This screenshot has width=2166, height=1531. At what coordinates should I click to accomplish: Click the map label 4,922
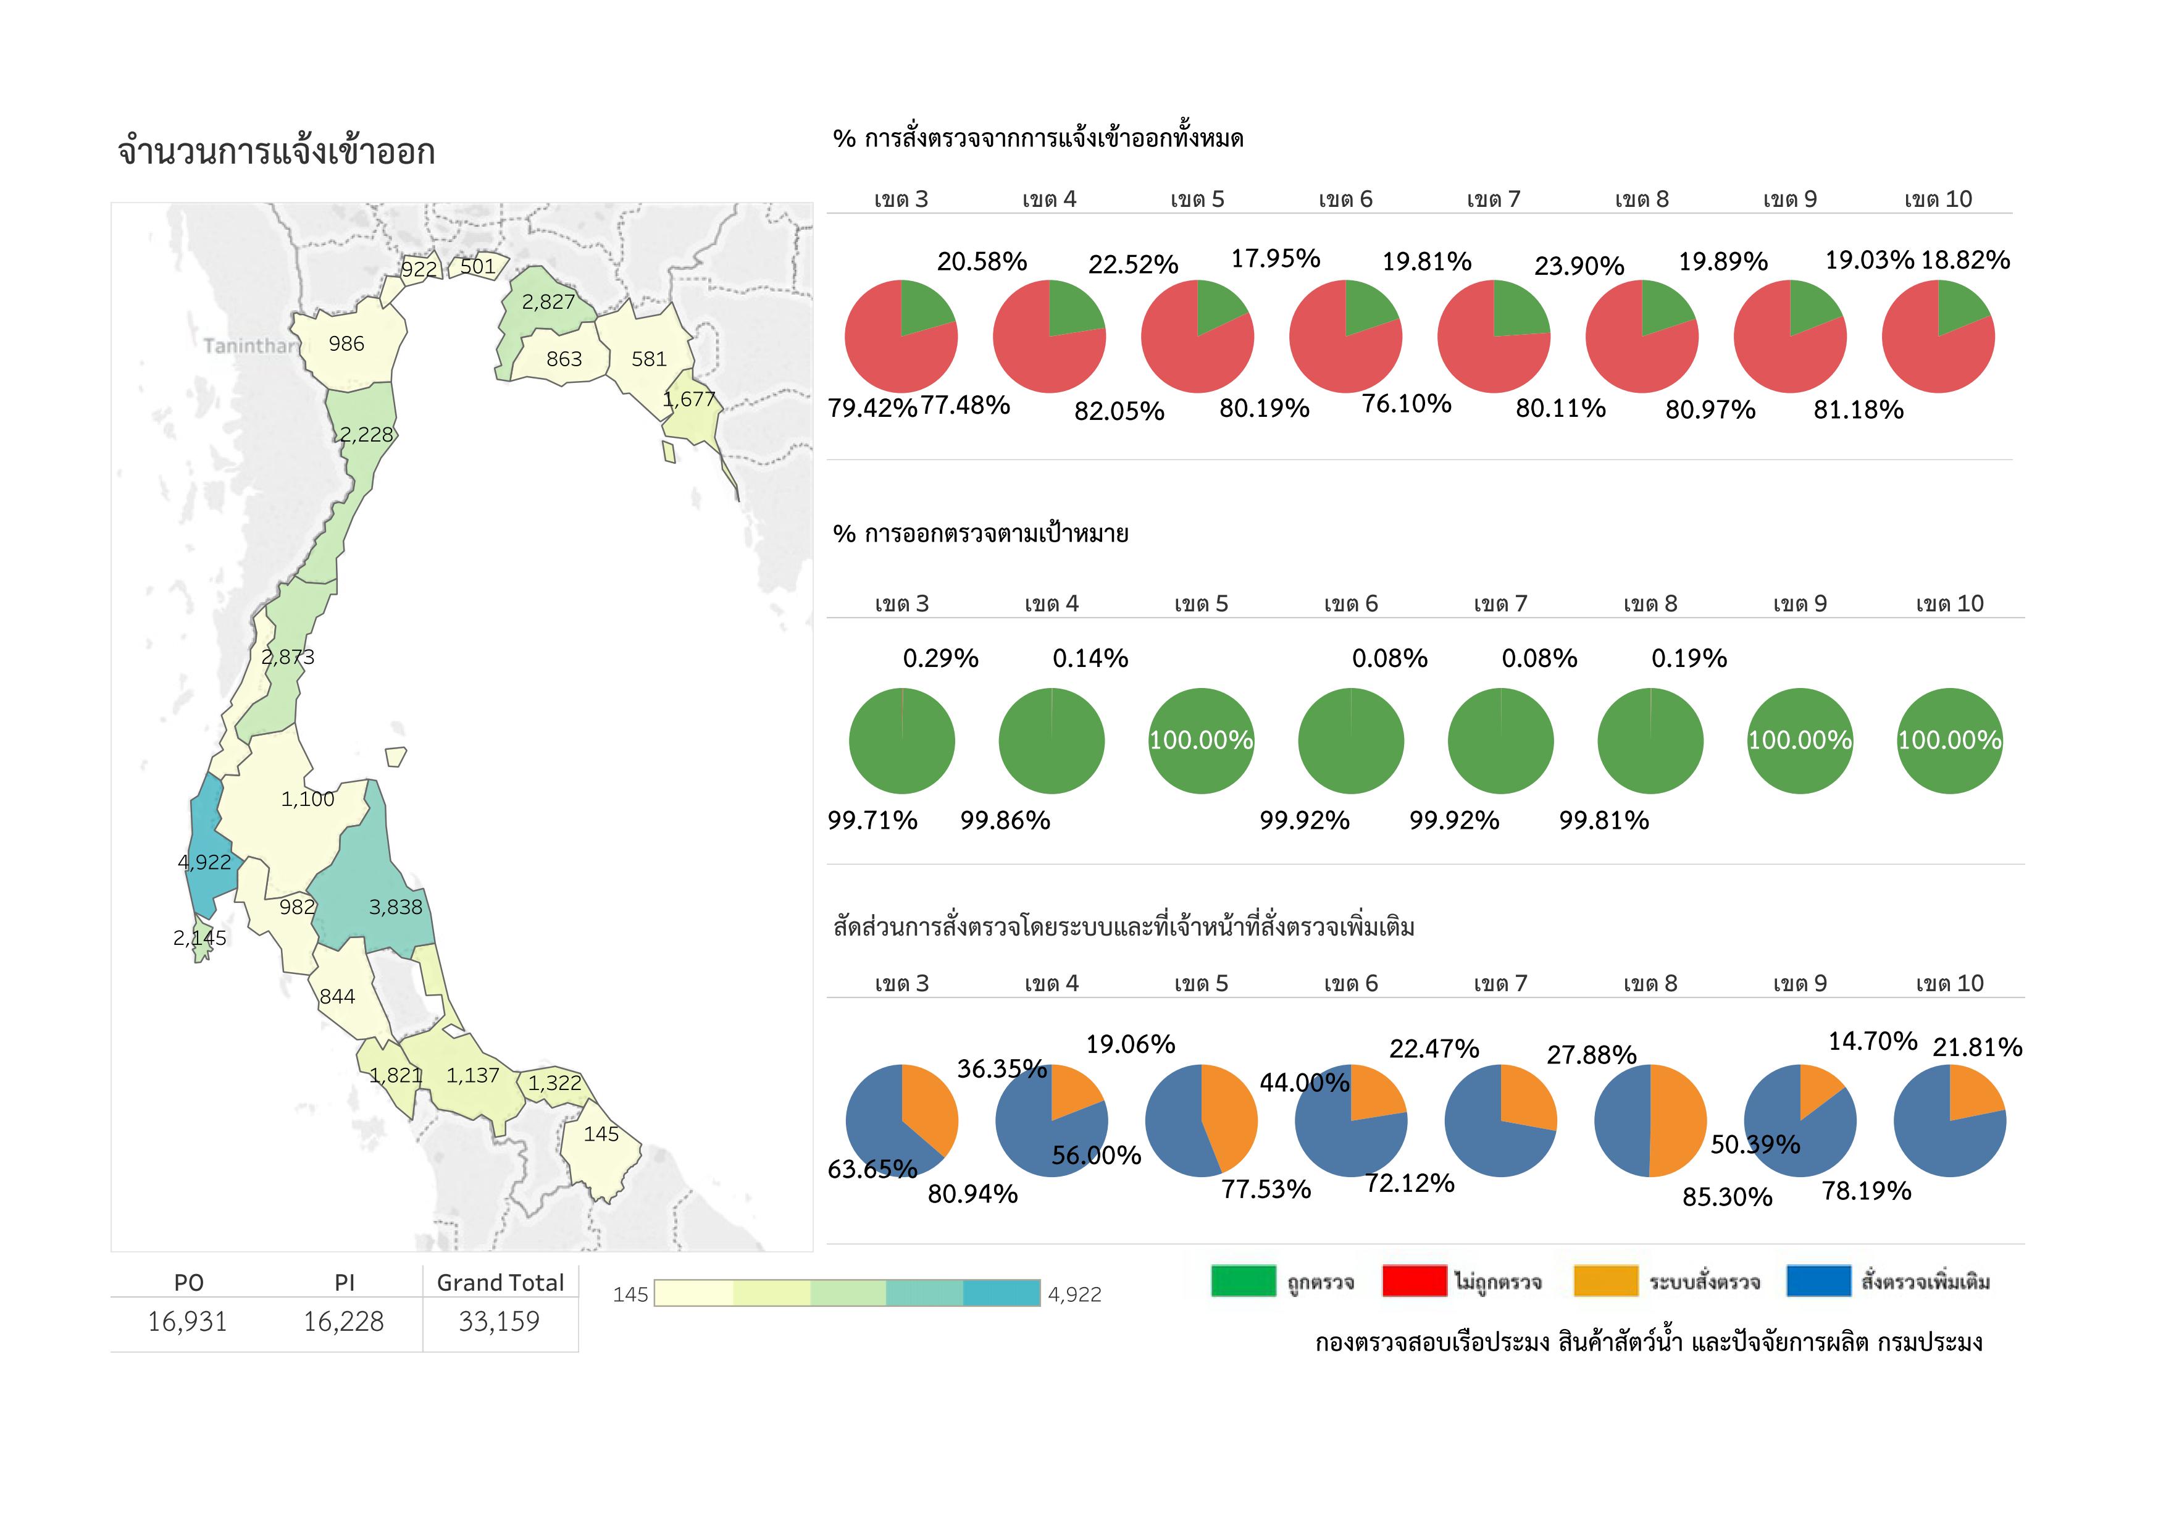pyautogui.click(x=204, y=862)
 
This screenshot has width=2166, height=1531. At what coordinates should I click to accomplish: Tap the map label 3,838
pyautogui.click(x=395, y=907)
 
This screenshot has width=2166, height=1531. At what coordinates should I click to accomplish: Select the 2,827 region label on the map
pyautogui.click(x=548, y=302)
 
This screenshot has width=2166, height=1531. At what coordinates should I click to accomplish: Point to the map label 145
pyautogui.click(x=601, y=1134)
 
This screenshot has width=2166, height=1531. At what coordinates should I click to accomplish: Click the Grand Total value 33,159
pyautogui.click(x=499, y=1322)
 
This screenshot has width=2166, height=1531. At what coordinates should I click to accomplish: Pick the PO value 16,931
pyautogui.click(x=187, y=1322)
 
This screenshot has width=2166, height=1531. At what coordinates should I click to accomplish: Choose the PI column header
pyautogui.click(x=345, y=1282)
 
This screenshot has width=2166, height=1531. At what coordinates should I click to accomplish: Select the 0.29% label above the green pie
pyautogui.click(x=940, y=658)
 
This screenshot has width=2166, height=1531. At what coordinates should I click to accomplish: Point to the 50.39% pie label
pyautogui.click(x=1755, y=1144)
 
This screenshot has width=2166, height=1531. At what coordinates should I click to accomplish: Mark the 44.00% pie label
pyautogui.click(x=1304, y=1083)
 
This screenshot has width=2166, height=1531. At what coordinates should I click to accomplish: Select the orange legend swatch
pyautogui.click(x=1605, y=1281)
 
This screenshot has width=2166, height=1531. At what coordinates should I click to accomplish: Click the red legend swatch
pyautogui.click(x=1413, y=1281)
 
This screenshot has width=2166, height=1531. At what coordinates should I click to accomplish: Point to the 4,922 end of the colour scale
pyautogui.click(x=1074, y=1294)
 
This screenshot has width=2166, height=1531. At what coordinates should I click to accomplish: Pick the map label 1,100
pyautogui.click(x=307, y=799)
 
